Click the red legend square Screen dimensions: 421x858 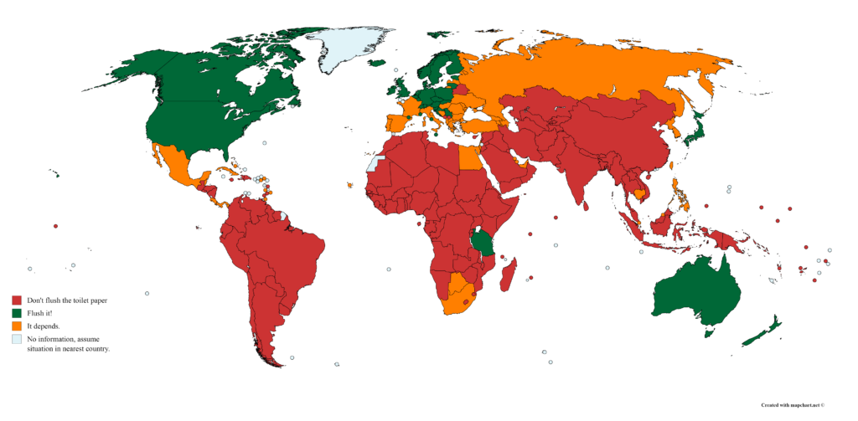(x=16, y=300)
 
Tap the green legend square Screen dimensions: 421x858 (x=16, y=313)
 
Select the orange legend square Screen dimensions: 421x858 (x=16, y=326)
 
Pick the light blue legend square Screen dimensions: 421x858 (x=16, y=340)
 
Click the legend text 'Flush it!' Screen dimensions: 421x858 (x=40, y=313)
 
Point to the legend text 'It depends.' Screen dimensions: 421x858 (x=44, y=326)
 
